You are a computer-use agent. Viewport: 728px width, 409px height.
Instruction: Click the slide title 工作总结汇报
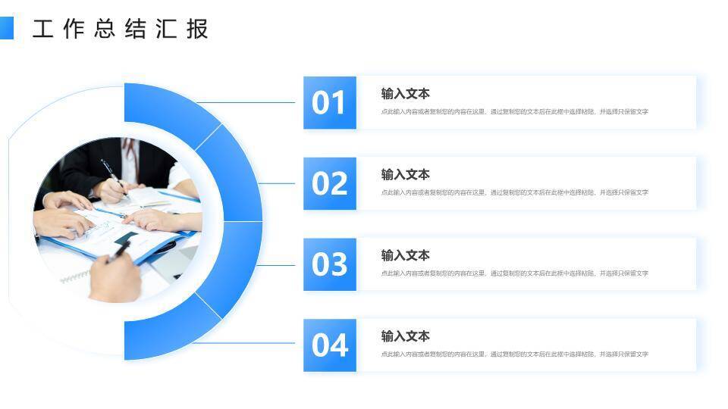pyautogui.click(x=121, y=29)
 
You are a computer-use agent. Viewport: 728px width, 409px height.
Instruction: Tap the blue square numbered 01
pyautogui.click(x=329, y=102)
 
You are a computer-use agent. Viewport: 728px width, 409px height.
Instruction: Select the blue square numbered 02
pyautogui.click(x=329, y=183)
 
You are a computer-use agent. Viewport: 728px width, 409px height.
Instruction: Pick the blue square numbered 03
pyautogui.click(x=329, y=264)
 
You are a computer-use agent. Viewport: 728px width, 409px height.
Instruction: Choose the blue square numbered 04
pyautogui.click(x=329, y=345)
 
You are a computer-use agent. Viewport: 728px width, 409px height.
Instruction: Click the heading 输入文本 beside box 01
pyautogui.click(x=405, y=94)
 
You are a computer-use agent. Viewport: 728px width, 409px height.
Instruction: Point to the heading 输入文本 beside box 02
pyautogui.click(x=405, y=175)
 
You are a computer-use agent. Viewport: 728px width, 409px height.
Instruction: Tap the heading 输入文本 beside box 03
pyautogui.click(x=405, y=256)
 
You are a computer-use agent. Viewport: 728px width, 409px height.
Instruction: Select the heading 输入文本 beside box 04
pyautogui.click(x=405, y=336)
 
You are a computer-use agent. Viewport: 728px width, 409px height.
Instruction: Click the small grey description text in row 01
pyautogui.click(x=514, y=112)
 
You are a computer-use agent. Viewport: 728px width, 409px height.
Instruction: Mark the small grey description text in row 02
pyautogui.click(x=514, y=193)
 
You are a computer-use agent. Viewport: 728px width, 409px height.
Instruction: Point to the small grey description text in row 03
pyautogui.click(x=514, y=273)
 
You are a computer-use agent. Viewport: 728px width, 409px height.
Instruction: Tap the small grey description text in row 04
pyautogui.click(x=514, y=354)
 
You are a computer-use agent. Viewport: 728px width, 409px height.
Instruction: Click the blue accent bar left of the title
pyautogui.click(x=6, y=29)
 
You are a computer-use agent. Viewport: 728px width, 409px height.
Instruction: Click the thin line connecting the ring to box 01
pyautogui.click(x=246, y=102)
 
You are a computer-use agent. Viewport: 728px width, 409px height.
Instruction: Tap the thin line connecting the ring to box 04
pyautogui.click(x=246, y=343)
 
